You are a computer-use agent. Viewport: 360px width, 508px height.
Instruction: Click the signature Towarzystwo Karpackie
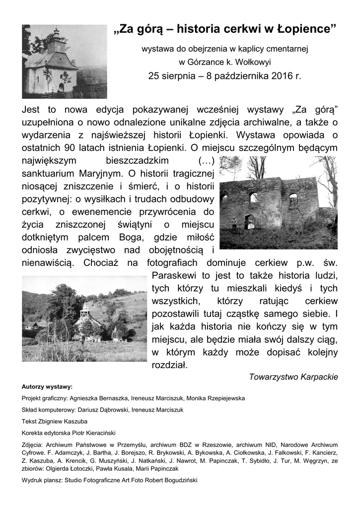point(293,377)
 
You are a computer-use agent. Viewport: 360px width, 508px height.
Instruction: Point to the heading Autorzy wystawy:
point(47,386)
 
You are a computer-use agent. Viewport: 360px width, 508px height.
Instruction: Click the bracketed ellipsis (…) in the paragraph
point(206,161)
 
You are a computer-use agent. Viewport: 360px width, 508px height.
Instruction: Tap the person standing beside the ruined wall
point(234,224)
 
